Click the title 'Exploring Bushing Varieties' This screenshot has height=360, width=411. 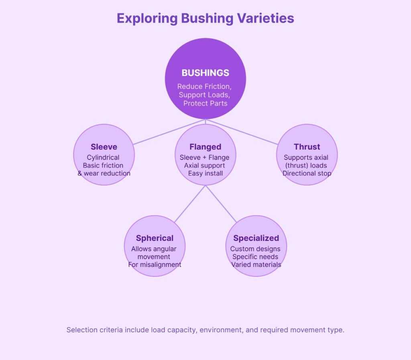click(205, 18)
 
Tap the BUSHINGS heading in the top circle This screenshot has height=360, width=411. click(205, 73)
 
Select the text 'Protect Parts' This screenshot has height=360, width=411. click(205, 103)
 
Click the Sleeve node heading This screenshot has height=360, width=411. click(104, 147)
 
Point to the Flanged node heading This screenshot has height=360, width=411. click(205, 147)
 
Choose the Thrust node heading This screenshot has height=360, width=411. click(307, 147)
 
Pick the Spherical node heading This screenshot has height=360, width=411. click(155, 238)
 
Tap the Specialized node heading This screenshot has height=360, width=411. click(256, 238)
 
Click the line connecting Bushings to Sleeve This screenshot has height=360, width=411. click(169, 132)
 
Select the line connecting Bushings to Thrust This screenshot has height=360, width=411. click(242, 132)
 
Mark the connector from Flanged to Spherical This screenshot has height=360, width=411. click(190, 204)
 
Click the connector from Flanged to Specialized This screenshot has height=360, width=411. click(221, 204)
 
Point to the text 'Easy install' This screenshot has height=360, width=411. click(205, 174)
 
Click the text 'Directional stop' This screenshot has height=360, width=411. click(307, 174)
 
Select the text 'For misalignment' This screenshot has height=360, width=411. click(155, 265)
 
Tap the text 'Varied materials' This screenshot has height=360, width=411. click(256, 265)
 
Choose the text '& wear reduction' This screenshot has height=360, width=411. click(104, 174)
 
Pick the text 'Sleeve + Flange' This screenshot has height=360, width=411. click(205, 158)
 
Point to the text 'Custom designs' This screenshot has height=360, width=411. click(255, 249)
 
